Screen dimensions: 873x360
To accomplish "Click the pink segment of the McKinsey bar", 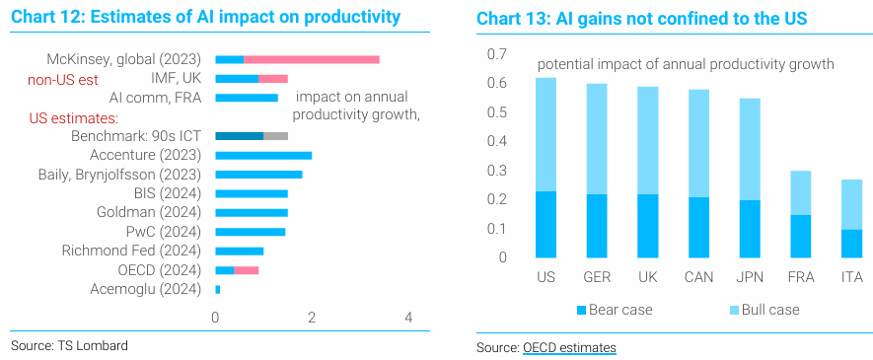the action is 312,59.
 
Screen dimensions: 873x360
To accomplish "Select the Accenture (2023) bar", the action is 263,155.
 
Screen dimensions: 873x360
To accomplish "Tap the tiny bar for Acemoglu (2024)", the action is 218,289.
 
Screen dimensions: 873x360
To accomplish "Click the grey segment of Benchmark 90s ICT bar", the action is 275,136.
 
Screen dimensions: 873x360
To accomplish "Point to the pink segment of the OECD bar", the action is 246,270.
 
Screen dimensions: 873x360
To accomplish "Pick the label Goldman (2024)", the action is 149,212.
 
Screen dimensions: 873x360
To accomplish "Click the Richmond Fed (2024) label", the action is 131,251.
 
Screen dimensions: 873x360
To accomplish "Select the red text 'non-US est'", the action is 63,80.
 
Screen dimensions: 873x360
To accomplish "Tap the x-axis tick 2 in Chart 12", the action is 312,318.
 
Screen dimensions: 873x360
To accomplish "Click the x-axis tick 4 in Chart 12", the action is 408,318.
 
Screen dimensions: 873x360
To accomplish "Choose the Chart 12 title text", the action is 205,17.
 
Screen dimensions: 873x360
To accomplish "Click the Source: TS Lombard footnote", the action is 69,345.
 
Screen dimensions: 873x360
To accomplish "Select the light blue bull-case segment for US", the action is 546,135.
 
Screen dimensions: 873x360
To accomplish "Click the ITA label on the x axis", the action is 852,276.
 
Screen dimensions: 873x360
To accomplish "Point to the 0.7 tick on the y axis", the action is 498,54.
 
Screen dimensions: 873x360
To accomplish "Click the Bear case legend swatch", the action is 581,310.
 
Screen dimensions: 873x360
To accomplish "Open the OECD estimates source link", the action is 569,348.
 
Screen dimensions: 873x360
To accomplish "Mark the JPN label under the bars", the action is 750,276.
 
